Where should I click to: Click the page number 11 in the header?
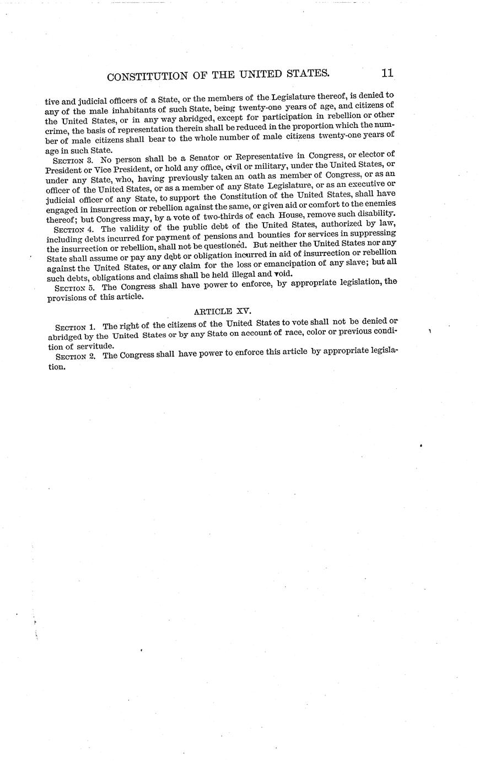(x=386, y=73)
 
